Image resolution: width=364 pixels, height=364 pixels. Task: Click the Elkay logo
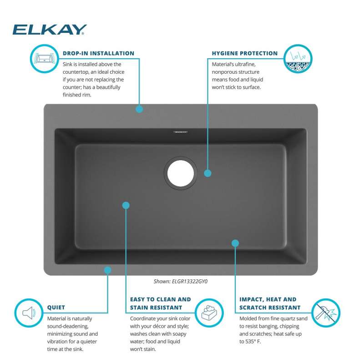50,30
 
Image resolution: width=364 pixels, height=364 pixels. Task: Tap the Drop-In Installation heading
98,53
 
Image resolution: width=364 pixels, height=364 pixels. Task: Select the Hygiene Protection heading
245,53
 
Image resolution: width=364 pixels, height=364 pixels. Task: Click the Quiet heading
56,308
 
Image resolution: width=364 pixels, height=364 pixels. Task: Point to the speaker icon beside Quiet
29,313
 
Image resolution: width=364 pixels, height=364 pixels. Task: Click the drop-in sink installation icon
44,59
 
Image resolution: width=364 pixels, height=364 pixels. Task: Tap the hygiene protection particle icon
298,59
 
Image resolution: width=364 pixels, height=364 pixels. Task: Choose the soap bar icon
209,313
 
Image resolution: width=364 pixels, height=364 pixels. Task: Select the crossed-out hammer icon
326,313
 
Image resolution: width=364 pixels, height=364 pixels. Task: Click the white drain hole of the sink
180,173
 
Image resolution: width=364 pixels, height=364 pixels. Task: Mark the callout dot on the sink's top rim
139,109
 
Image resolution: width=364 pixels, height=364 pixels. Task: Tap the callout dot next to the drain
208,173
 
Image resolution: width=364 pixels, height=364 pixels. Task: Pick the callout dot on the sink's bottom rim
107,270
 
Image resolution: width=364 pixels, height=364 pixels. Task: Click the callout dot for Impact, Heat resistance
235,243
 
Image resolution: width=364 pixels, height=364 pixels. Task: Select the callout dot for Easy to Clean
126,206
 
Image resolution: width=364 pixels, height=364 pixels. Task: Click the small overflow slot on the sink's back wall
180,132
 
